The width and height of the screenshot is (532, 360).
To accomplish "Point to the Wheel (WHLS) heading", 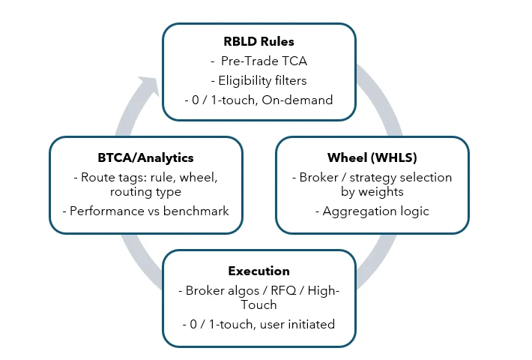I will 372,157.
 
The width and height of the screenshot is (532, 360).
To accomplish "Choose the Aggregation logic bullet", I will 372,211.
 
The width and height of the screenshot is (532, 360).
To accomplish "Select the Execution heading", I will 259,271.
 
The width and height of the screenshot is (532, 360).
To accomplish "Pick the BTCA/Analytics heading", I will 146,157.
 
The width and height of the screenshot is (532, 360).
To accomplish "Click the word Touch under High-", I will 259,305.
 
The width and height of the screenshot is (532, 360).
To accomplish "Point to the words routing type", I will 147,192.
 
